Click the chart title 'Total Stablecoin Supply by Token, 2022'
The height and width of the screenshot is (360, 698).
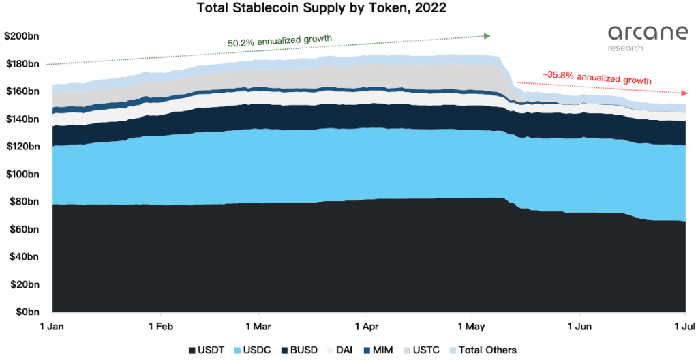click(322, 9)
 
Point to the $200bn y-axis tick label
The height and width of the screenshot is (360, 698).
click(21, 36)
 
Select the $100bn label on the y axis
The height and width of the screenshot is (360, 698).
click(21, 174)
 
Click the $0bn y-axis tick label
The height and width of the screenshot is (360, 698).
click(26, 312)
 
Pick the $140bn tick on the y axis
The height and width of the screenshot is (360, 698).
click(21, 119)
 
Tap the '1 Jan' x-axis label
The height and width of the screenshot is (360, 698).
click(52, 326)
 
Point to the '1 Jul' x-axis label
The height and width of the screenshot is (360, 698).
click(684, 326)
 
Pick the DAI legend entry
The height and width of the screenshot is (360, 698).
click(341, 350)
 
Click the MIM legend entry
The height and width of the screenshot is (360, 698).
click(378, 350)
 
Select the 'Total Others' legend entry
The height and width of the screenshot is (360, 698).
click(483, 350)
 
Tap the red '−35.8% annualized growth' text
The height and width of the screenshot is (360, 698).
click(596, 78)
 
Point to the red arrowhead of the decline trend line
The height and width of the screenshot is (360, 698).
click(682, 93)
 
